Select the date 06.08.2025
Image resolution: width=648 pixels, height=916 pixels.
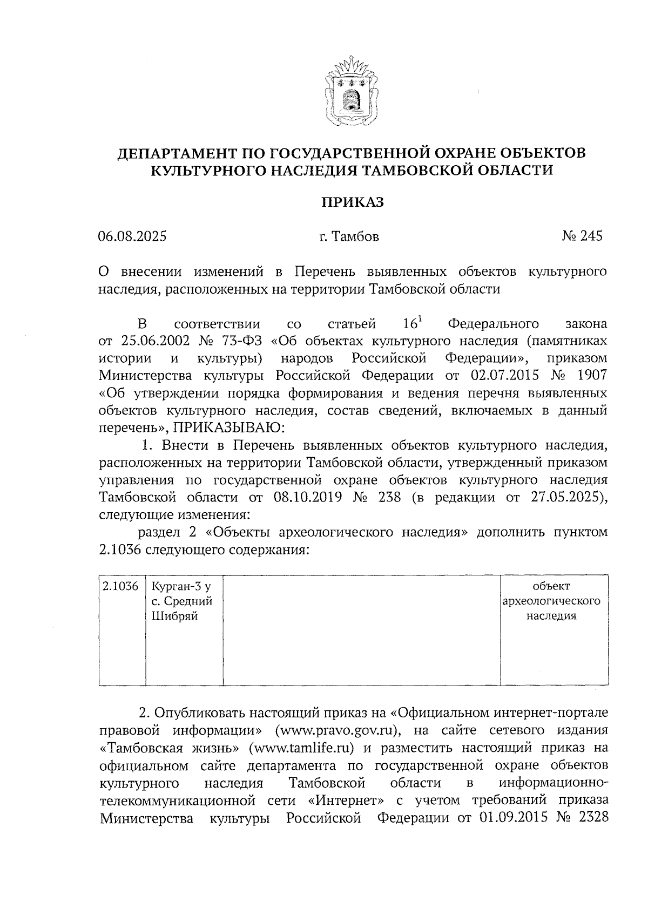[132, 236]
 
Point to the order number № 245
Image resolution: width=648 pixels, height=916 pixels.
[582, 236]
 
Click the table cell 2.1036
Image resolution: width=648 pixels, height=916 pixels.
[121, 586]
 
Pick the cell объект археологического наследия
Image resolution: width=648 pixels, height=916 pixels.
[551, 601]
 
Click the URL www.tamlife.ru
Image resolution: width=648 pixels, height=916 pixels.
[301, 748]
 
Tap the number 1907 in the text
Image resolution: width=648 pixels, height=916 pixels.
[590, 376]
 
